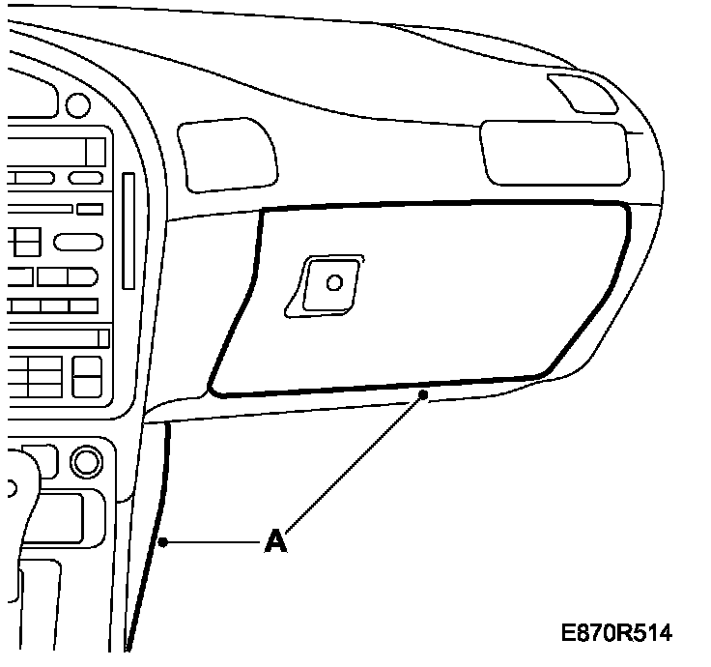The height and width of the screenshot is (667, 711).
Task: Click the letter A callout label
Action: [x=276, y=542]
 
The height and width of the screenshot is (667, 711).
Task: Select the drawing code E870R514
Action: [x=616, y=633]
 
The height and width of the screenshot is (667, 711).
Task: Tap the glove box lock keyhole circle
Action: [x=334, y=283]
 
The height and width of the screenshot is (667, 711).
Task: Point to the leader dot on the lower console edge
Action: [x=165, y=543]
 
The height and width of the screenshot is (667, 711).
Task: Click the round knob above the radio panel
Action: [x=75, y=103]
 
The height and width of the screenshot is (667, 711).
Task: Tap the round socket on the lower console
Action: [x=84, y=460]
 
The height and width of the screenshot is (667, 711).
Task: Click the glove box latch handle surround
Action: [x=325, y=285]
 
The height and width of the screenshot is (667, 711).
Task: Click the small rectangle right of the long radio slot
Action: [x=90, y=209]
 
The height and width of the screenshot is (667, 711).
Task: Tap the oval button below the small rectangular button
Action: [x=78, y=242]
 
